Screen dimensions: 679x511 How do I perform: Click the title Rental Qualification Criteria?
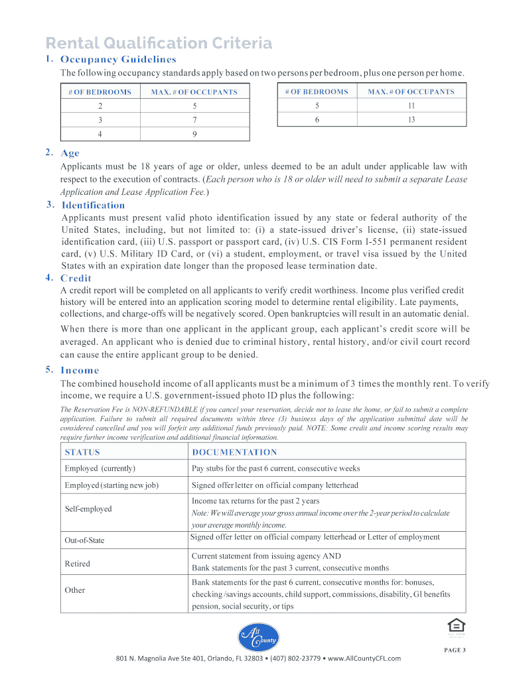coord(159,44)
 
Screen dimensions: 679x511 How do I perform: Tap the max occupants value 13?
coord(411,120)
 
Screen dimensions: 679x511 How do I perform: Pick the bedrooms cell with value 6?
coord(317,120)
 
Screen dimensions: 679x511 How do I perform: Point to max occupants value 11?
coord(411,105)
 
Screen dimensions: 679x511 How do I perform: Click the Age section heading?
coord(70,153)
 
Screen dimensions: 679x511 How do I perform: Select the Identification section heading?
coord(93,205)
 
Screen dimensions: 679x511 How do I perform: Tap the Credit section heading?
coord(76,278)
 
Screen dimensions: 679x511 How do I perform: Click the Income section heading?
coord(80,370)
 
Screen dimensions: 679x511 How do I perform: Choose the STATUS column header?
coord(82,452)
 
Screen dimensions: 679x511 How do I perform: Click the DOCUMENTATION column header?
coord(234,452)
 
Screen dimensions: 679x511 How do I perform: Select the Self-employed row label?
coord(88,509)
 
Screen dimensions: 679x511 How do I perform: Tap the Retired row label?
coord(77,564)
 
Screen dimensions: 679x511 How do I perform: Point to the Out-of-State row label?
coord(84,540)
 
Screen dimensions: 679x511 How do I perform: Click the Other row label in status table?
coord(75,590)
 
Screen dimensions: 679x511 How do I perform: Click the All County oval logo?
coord(258,637)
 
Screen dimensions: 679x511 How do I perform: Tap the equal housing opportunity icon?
coord(455,625)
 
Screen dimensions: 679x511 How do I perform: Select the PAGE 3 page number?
coord(455,650)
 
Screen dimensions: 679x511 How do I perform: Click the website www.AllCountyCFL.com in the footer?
coord(364,658)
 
